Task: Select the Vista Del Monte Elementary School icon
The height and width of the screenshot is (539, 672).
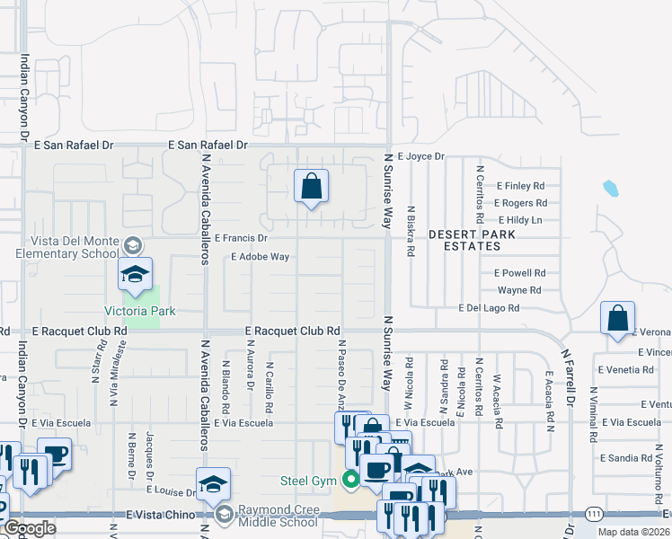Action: [132, 245]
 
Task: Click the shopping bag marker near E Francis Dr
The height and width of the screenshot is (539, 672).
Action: [311, 187]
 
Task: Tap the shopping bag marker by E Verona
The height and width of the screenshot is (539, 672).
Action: [617, 319]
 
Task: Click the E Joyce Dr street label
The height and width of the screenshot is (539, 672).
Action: [420, 156]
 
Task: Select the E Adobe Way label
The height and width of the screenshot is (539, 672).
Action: [260, 257]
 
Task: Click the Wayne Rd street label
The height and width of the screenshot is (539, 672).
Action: [519, 290]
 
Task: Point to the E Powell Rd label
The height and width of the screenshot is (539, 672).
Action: [519, 273]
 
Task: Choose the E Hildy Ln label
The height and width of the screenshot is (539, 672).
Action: [521, 220]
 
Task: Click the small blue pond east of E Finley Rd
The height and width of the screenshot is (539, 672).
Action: [611, 189]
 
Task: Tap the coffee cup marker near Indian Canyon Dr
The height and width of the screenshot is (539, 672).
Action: [56, 454]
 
